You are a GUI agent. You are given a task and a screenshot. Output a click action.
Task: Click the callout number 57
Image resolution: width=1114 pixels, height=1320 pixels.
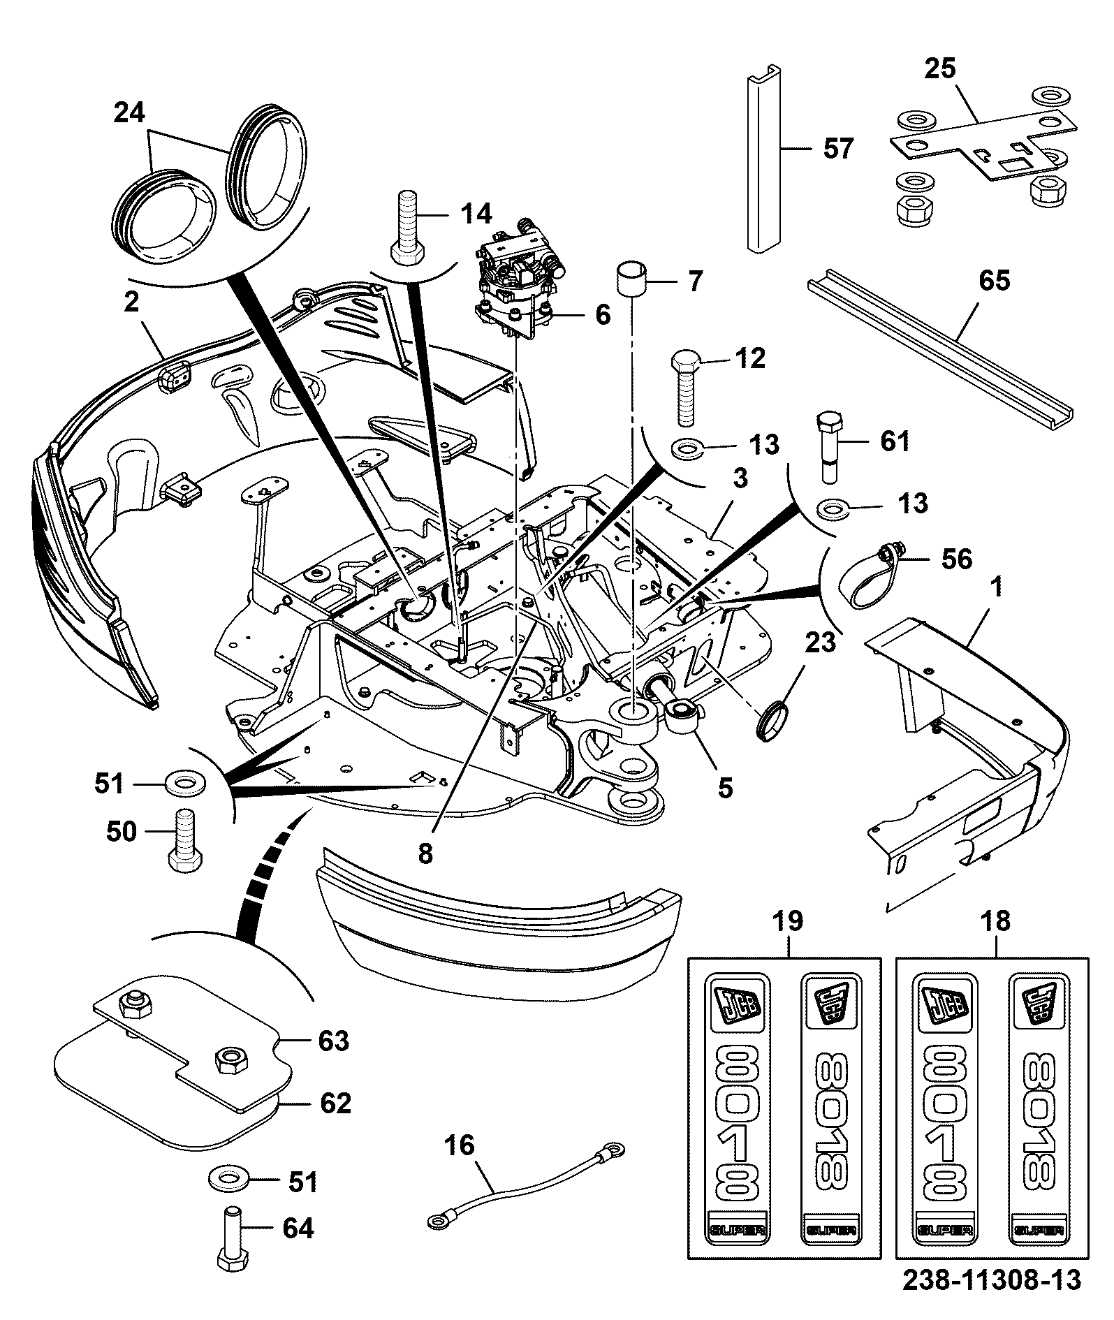click(839, 149)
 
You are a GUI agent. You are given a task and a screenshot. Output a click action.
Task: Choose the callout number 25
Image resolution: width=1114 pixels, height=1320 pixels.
click(941, 69)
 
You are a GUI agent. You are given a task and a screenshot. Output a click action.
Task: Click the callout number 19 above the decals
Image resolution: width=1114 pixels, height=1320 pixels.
click(787, 921)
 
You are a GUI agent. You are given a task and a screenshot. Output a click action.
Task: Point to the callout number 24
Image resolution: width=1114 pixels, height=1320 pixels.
click(129, 112)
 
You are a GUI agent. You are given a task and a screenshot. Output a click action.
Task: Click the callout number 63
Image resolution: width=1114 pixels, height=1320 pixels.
click(333, 1041)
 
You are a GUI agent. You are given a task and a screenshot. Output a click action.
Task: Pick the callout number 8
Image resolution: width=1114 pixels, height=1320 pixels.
click(425, 853)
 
